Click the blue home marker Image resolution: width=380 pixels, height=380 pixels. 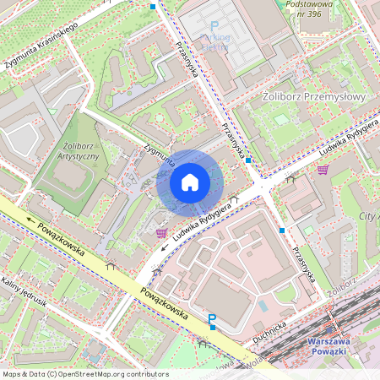point(190,182)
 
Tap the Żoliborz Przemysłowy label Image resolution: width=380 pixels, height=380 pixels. point(312,98)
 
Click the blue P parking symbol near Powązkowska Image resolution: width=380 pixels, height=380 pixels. point(212,320)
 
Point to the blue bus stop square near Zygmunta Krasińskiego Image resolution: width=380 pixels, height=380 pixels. point(152,6)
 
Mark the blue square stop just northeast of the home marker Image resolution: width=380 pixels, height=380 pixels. point(249,160)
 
